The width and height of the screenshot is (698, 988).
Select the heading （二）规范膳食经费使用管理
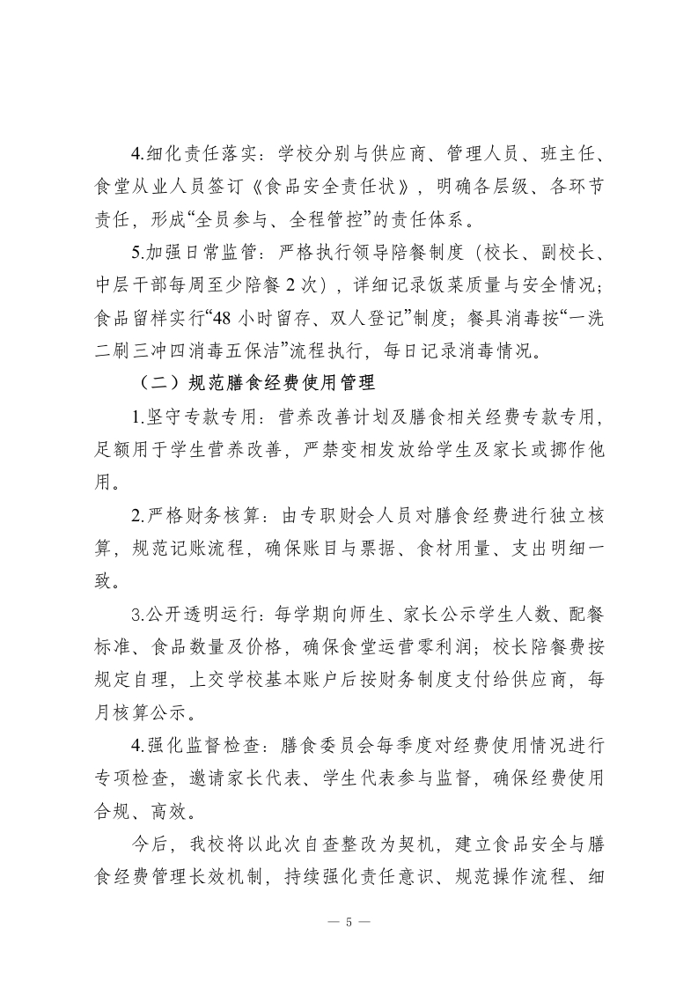pos(256,383)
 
